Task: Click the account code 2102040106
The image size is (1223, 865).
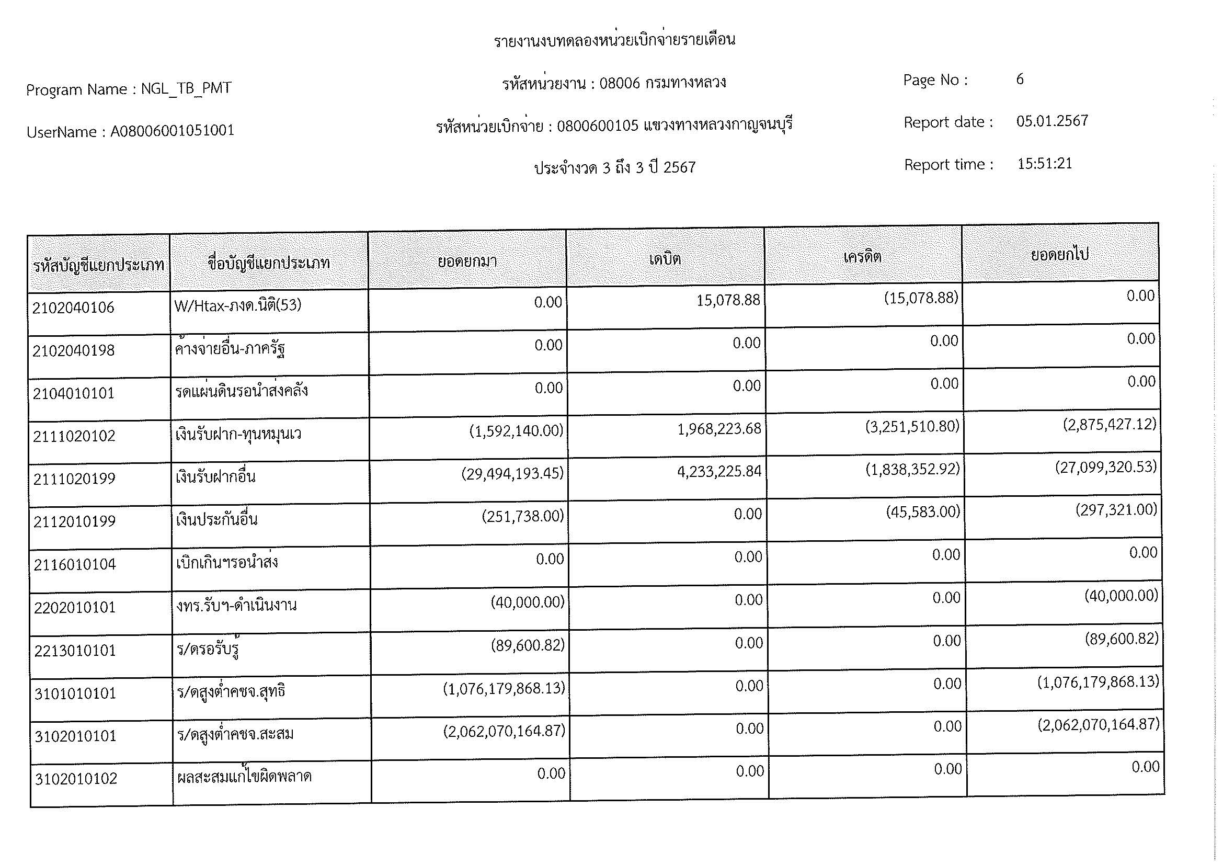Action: [x=74, y=308]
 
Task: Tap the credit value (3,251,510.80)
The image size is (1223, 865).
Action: [x=912, y=427]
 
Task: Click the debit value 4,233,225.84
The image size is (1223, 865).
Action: [x=719, y=471]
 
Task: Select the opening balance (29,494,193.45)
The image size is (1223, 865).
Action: [x=512, y=473]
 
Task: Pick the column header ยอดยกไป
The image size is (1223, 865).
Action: [x=1059, y=255]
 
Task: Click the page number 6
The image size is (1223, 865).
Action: [x=1020, y=79]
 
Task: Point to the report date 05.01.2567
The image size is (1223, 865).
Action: [x=1051, y=121]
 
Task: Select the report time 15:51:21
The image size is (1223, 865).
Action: [x=1044, y=164]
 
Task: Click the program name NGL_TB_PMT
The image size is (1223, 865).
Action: [x=186, y=88]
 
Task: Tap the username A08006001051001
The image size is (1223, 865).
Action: [x=172, y=131]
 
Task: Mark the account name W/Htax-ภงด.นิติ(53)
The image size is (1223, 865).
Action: [x=237, y=305]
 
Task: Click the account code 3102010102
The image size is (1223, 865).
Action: [x=76, y=779]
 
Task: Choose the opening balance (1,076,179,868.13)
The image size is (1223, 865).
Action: [x=504, y=689]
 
